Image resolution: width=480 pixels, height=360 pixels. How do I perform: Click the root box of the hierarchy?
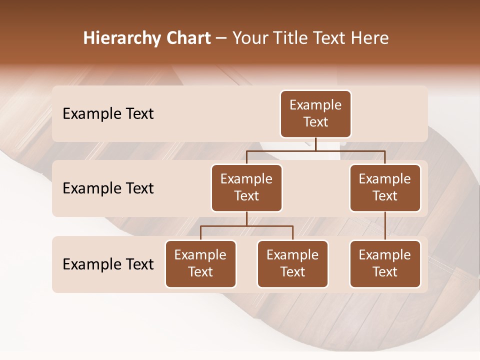point(315,114)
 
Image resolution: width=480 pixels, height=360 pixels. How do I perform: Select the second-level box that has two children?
point(246,188)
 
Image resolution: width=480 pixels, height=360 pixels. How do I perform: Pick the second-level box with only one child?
point(385,188)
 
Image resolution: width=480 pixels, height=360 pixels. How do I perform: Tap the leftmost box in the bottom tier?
point(200,264)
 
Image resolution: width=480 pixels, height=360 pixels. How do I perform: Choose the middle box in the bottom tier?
point(292,264)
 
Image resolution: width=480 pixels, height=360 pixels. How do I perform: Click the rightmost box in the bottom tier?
point(385,264)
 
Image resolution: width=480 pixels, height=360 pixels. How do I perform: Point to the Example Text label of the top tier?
point(108,114)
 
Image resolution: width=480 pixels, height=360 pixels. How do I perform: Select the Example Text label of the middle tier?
point(108,188)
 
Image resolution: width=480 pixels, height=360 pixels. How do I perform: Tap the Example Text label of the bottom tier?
point(108,264)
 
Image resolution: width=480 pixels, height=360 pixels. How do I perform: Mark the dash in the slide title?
point(221,39)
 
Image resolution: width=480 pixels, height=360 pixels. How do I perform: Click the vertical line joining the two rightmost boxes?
point(385,226)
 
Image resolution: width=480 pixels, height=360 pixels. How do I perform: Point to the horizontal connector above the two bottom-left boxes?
point(246,226)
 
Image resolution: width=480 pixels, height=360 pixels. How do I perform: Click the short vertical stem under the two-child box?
point(246,218)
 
